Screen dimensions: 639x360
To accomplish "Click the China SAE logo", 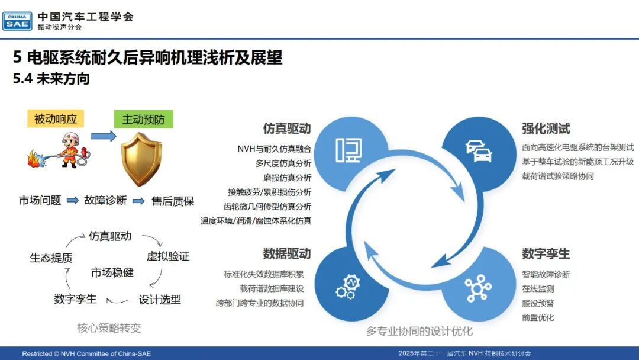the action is click(17, 21).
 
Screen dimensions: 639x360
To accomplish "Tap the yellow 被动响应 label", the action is click(56, 118).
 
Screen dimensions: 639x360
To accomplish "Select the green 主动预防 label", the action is click(143, 119).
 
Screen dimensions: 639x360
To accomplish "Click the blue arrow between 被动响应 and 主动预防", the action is click(104, 136).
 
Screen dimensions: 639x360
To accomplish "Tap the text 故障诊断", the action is click(105, 200).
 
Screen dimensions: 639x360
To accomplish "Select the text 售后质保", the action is click(173, 201).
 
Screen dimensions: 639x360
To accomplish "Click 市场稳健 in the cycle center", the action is click(112, 272).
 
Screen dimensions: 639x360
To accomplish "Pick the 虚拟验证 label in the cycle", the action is click(168, 256).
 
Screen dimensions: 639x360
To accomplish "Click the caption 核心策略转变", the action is click(109, 328).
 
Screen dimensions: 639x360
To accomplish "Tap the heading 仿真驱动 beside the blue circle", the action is click(287, 128).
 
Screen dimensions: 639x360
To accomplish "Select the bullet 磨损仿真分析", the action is click(287, 178).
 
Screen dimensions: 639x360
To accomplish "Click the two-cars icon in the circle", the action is click(479, 151).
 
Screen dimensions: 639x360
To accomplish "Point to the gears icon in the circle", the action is click(348, 287).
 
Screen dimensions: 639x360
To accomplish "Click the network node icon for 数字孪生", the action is click(478, 288).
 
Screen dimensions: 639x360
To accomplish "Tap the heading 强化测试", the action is click(546, 128).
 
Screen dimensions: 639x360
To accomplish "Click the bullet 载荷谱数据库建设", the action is click(272, 289).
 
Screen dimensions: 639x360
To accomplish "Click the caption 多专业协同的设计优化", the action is click(419, 331).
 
